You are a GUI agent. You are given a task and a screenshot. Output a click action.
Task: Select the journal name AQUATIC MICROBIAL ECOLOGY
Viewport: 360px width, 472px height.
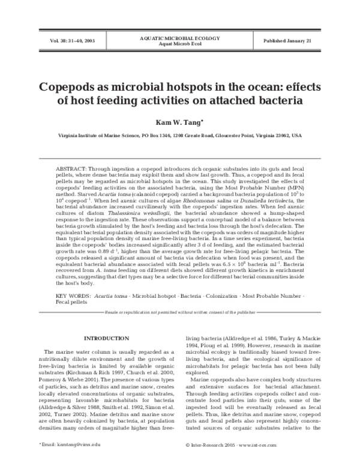(x=179, y=37)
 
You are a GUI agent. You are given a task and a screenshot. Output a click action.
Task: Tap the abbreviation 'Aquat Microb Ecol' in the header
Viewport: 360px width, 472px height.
(x=179, y=44)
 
